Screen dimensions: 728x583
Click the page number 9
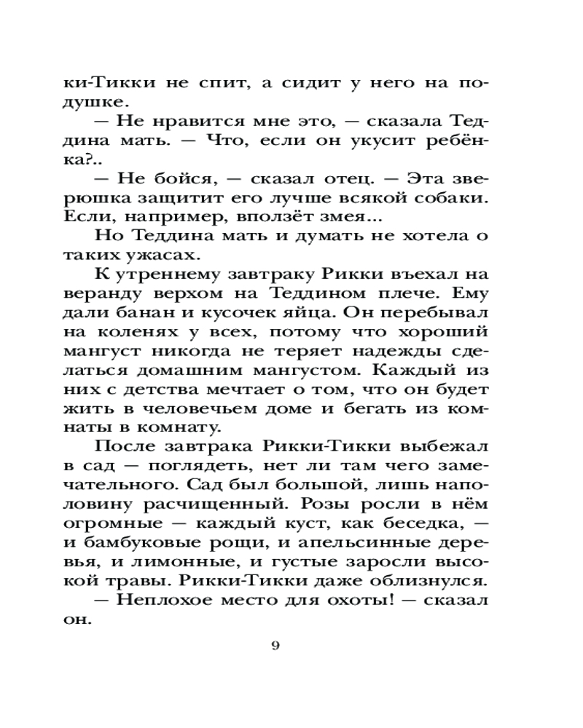coord(275,645)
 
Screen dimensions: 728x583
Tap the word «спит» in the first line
coord(219,82)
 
